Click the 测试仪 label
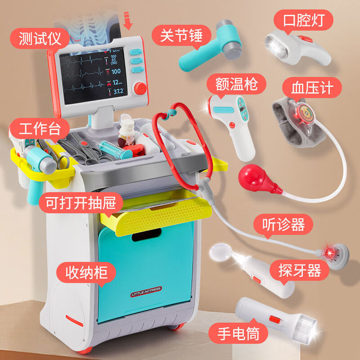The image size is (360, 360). pyautogui.click(x=39, y=39)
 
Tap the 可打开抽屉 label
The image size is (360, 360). pyautogui.click(x=80, y=202)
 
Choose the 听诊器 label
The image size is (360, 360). pyautogui.click(x=283, y=224)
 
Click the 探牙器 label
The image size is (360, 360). pyautogui.click(x=300, y=270)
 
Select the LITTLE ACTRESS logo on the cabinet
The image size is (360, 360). pyautogui.click(x=146, y=291)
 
